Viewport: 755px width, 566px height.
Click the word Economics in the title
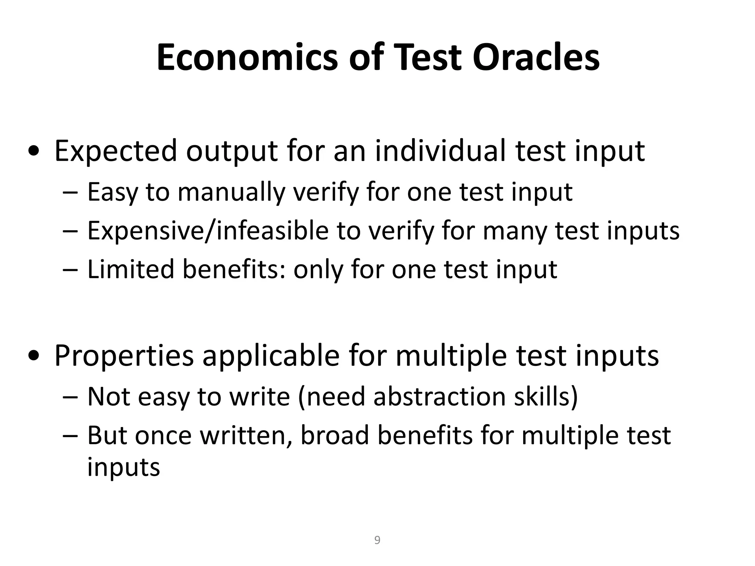[x=247, y=58]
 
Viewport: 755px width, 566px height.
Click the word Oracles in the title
[x=536, y=58]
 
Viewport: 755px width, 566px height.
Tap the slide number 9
[x=377, y=540]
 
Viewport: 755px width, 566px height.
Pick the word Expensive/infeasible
[x=208, y=231]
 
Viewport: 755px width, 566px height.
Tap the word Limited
[x=130, y=269]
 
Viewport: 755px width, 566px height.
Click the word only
[x=319, y=269]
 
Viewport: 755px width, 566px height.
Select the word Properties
[x=124, y=356]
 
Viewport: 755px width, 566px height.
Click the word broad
[x=335, y=436]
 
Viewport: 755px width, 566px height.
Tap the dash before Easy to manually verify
[x=70, y=193]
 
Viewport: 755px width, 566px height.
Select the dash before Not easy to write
[x=70, y=398]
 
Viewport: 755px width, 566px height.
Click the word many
[x=515, y=231]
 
